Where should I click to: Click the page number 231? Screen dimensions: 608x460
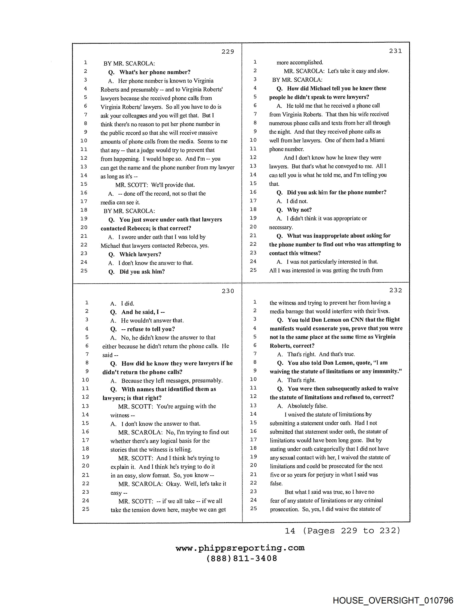tap(395, 51)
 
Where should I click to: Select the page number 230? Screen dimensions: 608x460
tap(228, 291)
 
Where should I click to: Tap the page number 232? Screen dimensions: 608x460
tap(395, 290)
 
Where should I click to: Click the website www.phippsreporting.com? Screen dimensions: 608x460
tap(240, 548)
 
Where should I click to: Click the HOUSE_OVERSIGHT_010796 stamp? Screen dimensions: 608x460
tap(393, 600)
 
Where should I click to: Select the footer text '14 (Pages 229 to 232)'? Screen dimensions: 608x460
tap(342, 530)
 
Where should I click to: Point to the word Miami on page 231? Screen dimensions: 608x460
tap(377, 140)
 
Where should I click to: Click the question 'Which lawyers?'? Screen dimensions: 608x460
tap(140, 254)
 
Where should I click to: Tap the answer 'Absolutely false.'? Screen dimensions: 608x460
tap(307, 406)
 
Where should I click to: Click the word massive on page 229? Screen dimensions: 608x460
tap(208, 133)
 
